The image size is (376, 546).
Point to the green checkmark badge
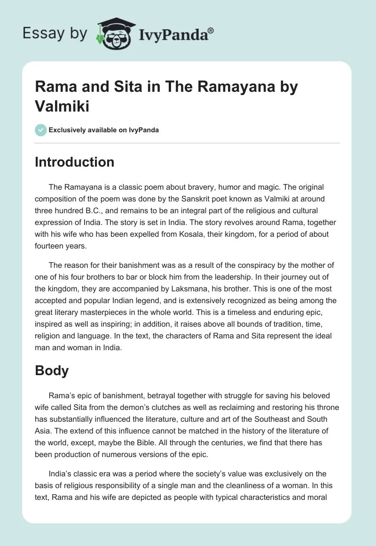pos(41,130)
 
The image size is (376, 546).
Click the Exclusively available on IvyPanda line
pos(103,130)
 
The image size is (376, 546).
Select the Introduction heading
pos(75,162)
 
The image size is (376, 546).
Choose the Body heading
pos(52,370)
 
